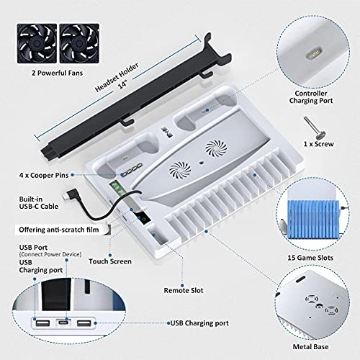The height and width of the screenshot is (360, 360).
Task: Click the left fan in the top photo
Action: tap(37, 43)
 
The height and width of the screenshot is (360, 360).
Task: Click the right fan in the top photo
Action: tap(79, 43)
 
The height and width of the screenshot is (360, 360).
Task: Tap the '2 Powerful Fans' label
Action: tap(57, 73)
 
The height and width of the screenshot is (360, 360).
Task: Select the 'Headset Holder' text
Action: tap(117, 77)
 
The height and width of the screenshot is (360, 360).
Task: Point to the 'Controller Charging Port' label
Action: tap(311, 97)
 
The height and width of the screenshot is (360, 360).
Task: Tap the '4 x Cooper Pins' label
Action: tap(44, 175)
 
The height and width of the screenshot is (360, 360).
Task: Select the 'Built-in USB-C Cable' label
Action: tap(39, 203)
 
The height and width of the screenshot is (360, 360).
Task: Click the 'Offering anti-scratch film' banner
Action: tap(59, 230)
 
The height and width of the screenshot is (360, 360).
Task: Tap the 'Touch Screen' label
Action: tap(110, 261)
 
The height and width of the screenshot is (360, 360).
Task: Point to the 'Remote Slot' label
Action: tap(184, 290)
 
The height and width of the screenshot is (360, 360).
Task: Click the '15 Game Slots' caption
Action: tap(310, 258)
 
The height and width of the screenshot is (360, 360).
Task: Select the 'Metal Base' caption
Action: tap(310, 347)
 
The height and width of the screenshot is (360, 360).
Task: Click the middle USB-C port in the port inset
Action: tap(63, 323)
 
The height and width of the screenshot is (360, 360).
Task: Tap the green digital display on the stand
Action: tap(117, 189)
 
